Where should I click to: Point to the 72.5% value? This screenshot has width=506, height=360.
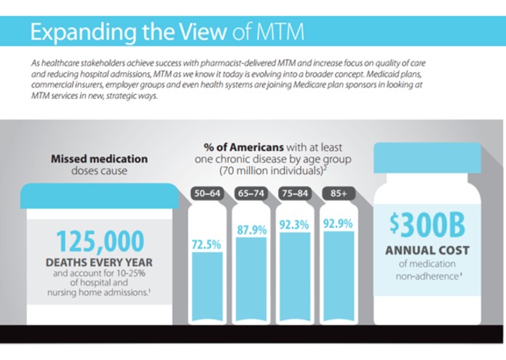(206, 246)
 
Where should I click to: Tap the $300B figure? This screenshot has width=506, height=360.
(419, 227)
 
